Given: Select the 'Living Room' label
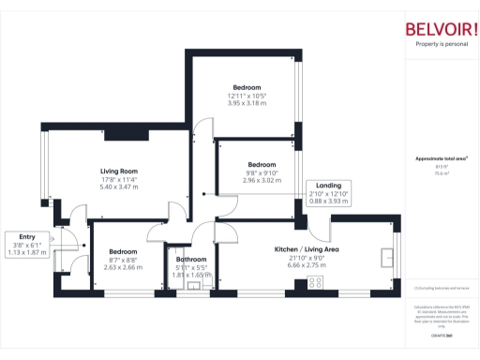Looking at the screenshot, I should [x=119, y=172].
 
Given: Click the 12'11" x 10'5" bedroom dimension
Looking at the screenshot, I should [x=247, y=95].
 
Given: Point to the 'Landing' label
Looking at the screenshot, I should [x=328, y=186].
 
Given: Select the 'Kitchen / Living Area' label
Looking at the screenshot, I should [x=306, y=249].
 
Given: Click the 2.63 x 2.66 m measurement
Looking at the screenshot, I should [x=123, y=266].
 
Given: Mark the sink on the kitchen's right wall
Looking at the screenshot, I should [x=386, y=255].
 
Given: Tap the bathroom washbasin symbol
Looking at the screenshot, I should [x=195, y=286].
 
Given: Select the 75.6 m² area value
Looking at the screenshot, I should [x=441, y=173].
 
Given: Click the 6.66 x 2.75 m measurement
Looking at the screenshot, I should [x=306, y=265].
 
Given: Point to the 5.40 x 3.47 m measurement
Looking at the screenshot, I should [x=119, y=187].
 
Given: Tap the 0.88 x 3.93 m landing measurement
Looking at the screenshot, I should [x=328, y=201].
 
